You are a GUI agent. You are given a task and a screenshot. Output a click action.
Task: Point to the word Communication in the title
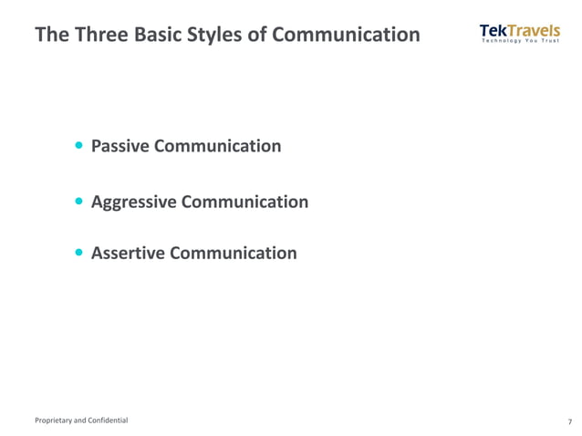347,36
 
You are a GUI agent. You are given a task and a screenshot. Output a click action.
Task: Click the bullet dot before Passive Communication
80,146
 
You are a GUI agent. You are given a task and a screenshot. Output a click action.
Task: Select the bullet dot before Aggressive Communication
80,201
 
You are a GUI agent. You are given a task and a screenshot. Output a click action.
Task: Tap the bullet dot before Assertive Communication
80,253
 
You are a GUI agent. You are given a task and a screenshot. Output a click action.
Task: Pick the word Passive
121,146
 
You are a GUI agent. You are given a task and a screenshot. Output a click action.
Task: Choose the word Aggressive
134,202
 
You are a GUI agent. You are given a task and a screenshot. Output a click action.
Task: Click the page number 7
569,421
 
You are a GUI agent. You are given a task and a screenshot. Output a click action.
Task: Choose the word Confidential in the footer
109,420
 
